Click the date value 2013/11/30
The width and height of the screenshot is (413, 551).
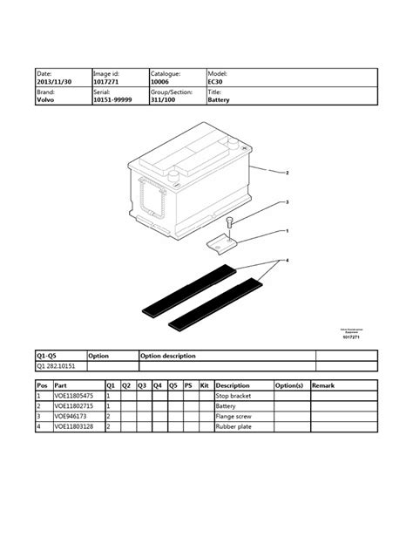click(52, 83)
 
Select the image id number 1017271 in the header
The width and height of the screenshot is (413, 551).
click(106, 83)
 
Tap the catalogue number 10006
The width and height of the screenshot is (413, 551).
click(162, 83)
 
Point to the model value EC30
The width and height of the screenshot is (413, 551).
click(216, 83)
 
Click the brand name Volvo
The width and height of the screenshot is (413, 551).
click(45, 100)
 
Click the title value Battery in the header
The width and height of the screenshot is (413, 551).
click(220, 100)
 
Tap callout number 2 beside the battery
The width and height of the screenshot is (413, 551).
click(287, 173)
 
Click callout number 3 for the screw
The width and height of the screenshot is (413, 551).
click(287, 202)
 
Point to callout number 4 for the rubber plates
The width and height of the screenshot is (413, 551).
click(287, 260)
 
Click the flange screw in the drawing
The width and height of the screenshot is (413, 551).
click(229, 222)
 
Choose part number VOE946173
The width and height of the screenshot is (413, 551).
click(71, 417)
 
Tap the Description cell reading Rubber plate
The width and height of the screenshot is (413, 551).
click(234, 427)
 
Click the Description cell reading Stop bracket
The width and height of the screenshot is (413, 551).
click(234, 397)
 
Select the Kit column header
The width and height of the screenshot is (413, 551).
click(205, 385)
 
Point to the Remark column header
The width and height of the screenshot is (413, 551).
click(322, 385)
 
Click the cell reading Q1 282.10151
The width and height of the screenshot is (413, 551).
click(58, 367)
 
